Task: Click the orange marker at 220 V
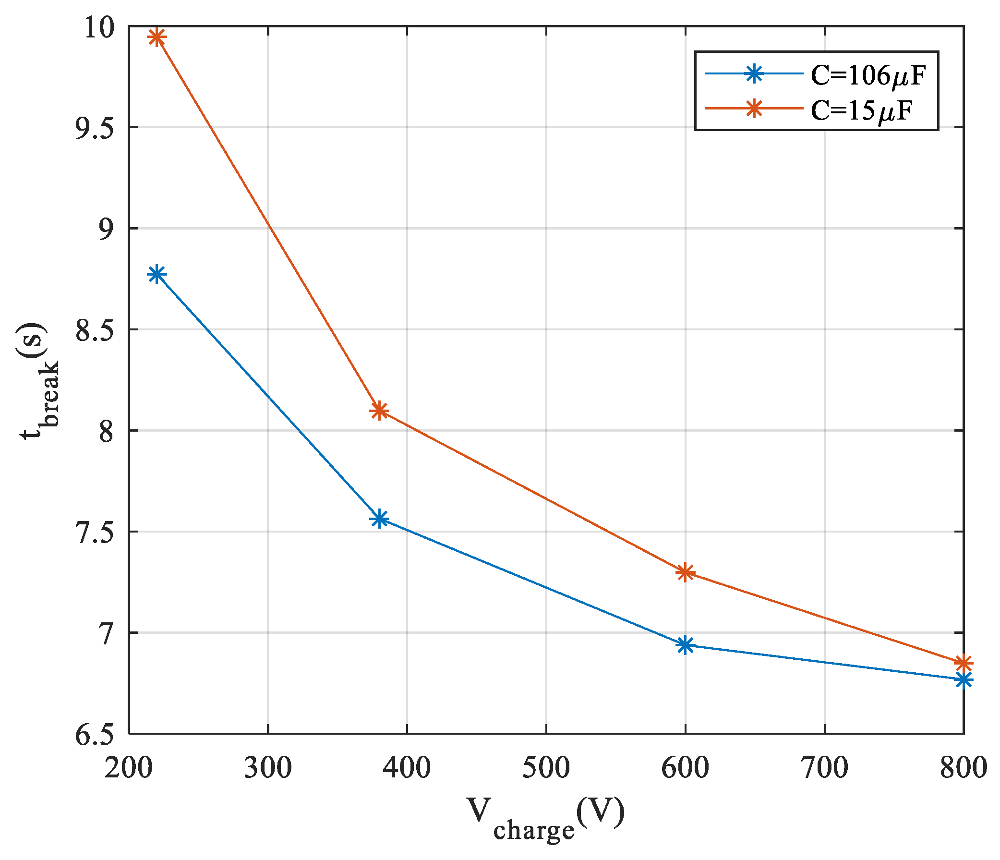157,37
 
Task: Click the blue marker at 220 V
157,275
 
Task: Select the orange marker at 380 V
379,411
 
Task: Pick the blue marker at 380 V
379,519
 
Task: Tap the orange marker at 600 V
685,573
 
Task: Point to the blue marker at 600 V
685,645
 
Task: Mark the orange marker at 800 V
963,663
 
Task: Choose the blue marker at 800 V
963,680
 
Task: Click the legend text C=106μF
867,76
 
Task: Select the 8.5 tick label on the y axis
94,330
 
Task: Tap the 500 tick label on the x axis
546,768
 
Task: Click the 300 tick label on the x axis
267,768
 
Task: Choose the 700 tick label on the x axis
824,768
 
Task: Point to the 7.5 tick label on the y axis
94,533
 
